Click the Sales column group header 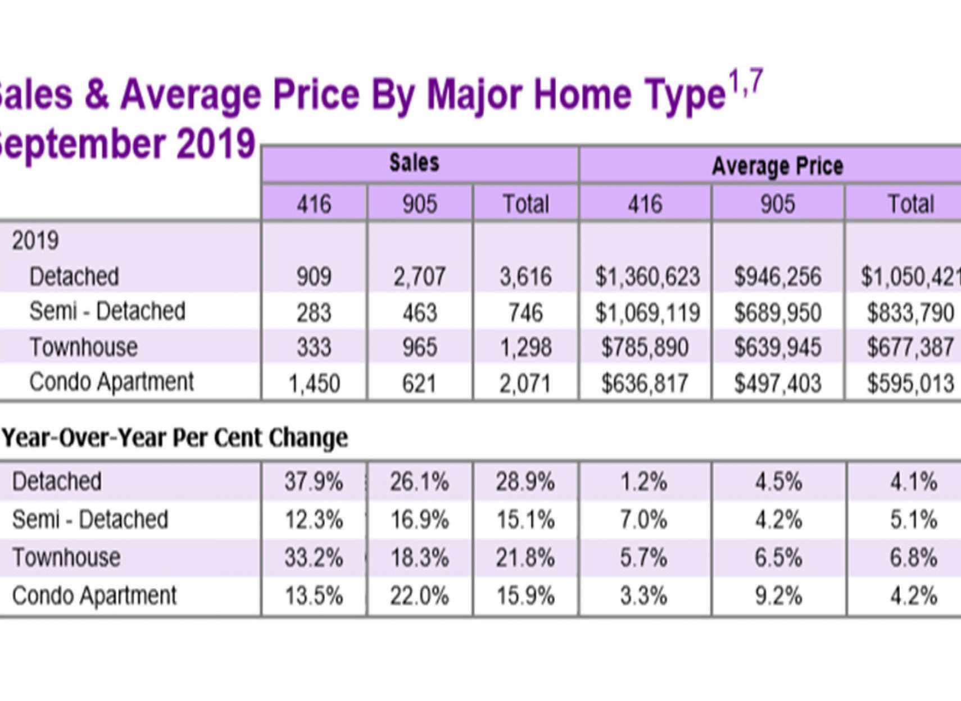pyautogui.click(x=414, y=163)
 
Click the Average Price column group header pyautogui.click(x=777, y=166)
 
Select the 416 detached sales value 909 pyautogui.click(x=314, y=276)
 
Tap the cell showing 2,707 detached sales pyautogui.click(x=419, y=276)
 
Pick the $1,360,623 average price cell pyautogui.click(x=647, y=276)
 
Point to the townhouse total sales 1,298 pyautogui.click(x=525, y=348)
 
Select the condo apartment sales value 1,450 pyautogui.click(x=314, y=384)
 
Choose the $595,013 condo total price pyautogui.click(x=910, y=384)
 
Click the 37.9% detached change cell pyautogui.click(x=313, y=482)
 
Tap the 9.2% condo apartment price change pyautogui.click(x=778, y=596)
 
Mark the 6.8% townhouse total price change pyautogui.click(x=913, y=558)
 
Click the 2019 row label pyautogui.click(x=35, y=240)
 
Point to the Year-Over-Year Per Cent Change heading pyautogui.click(x=175, y=438)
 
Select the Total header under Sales pyautogui.click(x=525, y=204)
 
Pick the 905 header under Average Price pyautogui.click(x=777, y=204)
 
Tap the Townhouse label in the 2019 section pyautogui.click(x=83, y=347)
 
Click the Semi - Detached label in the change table pyautogui.click(x=90, y=520)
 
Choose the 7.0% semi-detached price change pyautogui.click(x=643, y=520)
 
